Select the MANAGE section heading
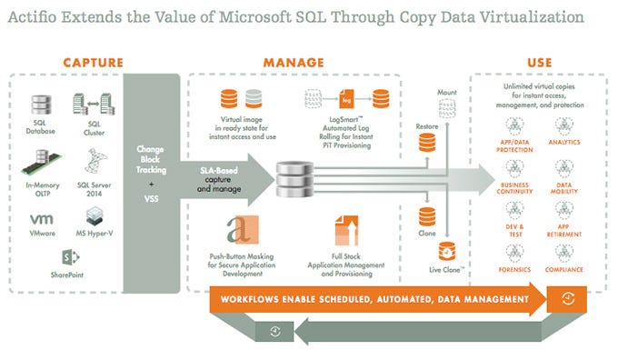point(294,62)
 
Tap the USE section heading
point(538,62)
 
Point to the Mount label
point(446,93)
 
